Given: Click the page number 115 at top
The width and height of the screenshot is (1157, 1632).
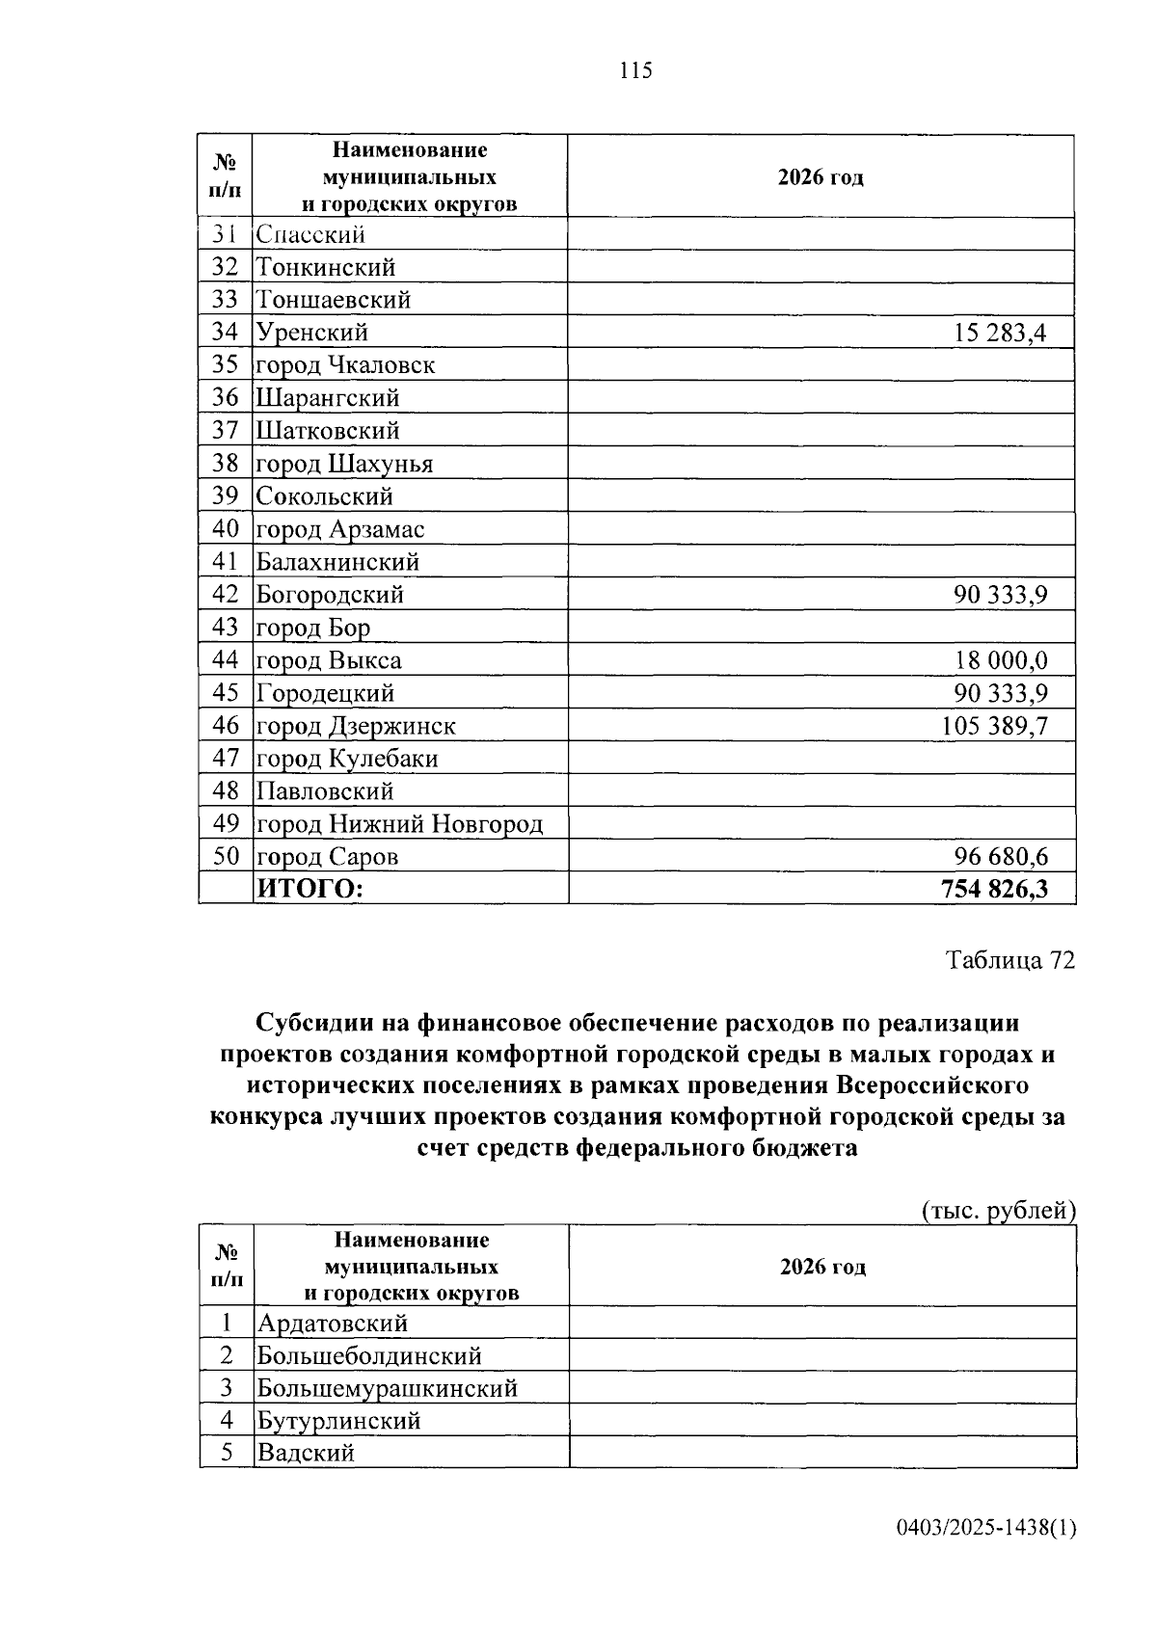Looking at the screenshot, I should click(x=636, y=70).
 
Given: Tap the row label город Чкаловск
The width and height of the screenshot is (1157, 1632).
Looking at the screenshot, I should click(x=345, y=365).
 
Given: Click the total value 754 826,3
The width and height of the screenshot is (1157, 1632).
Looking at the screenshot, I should click(x=994, y=889).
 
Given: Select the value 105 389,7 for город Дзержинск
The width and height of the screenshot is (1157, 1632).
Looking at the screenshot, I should click(x=994, y=726).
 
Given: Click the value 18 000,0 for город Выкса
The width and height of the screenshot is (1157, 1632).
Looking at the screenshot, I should click(x=1000, y=660).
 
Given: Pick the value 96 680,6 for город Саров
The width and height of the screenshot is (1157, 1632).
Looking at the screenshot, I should click(x=1000, y=856).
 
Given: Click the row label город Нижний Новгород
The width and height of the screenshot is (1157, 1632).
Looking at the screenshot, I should click(x=399, y=824).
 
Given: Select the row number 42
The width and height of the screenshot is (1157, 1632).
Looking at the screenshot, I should click(x=225, y=595).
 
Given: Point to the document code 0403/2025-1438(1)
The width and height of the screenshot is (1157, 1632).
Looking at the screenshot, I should click(x=985, y=1527).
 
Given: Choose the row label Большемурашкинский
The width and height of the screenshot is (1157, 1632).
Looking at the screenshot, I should click(x=387, y=1388).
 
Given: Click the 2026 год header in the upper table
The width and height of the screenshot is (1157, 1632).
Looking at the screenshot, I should click(x=821, y=177).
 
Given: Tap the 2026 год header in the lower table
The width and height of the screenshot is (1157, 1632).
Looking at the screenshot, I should click(x=822, y=1267).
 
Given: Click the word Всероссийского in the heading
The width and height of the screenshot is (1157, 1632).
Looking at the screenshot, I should click(x=931, y=1085).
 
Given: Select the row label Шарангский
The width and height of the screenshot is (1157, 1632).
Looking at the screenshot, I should click(x=327, y=398).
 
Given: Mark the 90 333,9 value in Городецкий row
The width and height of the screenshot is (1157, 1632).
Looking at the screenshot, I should click(x=1000, y=693).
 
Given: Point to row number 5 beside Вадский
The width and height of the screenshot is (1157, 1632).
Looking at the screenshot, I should click(x=227, y=1453).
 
